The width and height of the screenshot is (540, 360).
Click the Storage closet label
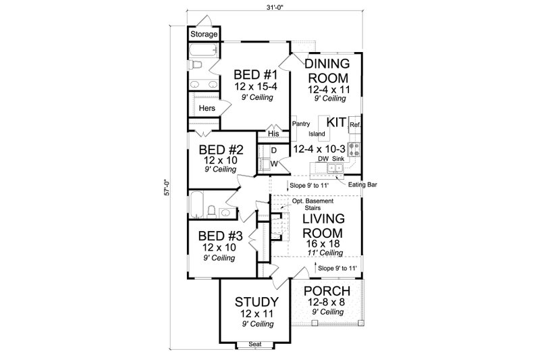click(x=204, y=34)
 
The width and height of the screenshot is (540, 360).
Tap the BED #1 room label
click(x=254, y=74)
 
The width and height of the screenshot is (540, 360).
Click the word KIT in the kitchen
click(x=337, y=122)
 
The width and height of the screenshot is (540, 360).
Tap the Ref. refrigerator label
click(x=355, y=125)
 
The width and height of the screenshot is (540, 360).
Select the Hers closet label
click(x=207, y=107)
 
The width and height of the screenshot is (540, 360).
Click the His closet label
click(x=273, y=134)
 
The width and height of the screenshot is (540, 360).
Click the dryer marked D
click(x=275, y=150)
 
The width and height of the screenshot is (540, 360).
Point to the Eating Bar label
click(x=360, y=184)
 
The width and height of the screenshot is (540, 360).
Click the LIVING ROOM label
click(x=324, y=226)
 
